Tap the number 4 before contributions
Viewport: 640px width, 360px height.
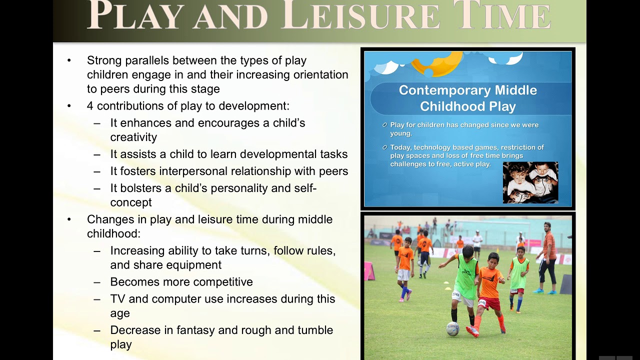point(90,106)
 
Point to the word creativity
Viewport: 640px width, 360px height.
point(133,137)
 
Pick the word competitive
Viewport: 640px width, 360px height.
point(223,282)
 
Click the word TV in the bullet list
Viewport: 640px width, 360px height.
point(118,299)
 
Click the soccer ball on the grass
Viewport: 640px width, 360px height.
point(452,328)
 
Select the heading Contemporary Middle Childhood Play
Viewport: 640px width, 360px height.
point(467,98)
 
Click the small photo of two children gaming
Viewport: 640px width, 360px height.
point(530,182)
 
